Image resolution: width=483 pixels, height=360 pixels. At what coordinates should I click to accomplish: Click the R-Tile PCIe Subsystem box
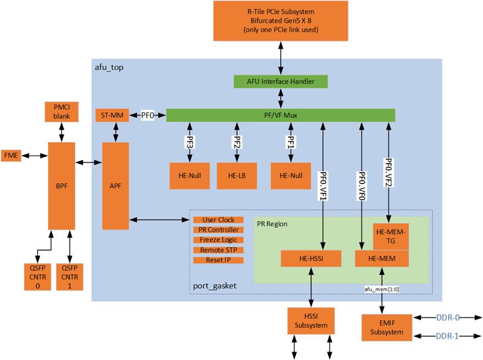pyautogui.click(x=281, y=21)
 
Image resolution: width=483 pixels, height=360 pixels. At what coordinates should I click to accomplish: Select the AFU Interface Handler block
pyautogui.click(x=281, y=81)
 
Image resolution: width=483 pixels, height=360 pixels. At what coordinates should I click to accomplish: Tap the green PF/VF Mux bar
pyautogui.click(x=280, y=115)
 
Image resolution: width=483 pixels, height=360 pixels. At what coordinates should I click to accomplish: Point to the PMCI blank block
pyautogui.click(x=61, y=111)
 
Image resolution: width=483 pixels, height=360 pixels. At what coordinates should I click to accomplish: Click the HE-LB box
pyautogui.click(x=236, y=176)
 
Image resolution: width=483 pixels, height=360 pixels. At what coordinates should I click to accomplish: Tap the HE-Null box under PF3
pyautogui.click(x=190, y=176)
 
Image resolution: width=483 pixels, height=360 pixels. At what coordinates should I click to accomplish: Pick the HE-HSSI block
pyautogui.click(x=311, y=259)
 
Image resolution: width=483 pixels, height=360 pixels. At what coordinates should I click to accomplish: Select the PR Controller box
pyautogui.click(x=218, y=230)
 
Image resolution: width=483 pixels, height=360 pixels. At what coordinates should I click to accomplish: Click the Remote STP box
pyautogui.click(x=218, y=250)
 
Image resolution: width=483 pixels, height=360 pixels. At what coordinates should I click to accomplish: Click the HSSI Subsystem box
pyautogui.click(x=311, y=321)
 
